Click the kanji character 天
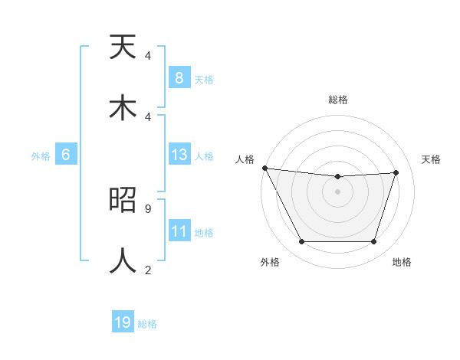tap(123, 48)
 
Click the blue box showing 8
tap(179, 78)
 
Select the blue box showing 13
tap(179, 155)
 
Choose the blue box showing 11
tap(179, 231)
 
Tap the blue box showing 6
tap(66, 155)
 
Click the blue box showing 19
tap(123, 322)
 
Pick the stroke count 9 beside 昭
tap(148, 208)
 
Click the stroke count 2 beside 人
tap(148, 269)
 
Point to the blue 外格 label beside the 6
tap(41, 155)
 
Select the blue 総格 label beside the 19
tap(147, 323)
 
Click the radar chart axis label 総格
tap(337, 100)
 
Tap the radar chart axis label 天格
tap(431, 159)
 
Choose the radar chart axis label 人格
tap(245, 159)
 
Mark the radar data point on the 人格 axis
tap(264, 168)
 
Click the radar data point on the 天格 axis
tap(396, 172)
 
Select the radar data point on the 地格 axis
tap(373, 242)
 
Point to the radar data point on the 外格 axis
tap(301, 242)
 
